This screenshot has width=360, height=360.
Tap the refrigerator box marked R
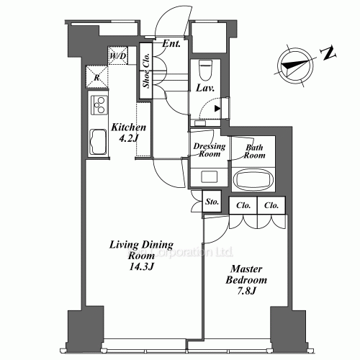pos(96,78)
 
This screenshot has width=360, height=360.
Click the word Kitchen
pos(129,127)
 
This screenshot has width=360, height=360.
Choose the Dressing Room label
pos(209,149)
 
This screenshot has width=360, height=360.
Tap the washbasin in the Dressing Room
pos(209,177)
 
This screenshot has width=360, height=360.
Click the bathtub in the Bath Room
pos(253,179)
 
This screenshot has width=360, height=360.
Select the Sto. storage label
pos(212,202)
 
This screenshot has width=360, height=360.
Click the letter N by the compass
pos(329,52)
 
